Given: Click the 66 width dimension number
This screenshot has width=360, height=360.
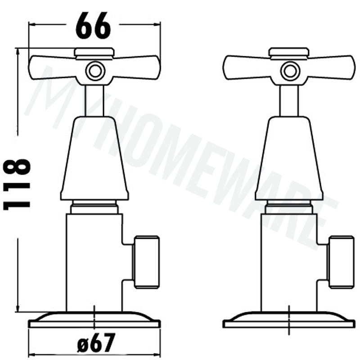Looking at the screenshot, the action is (93, 26).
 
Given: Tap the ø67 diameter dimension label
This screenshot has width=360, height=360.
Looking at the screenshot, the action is (95, 343).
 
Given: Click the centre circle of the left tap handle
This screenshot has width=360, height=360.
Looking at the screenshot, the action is (95, 71).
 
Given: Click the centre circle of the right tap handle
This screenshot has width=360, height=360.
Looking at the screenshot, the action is (290, 71).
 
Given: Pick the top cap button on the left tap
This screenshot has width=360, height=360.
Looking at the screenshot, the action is (94, 52).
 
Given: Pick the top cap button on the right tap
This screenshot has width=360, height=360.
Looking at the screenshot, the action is (289, 52).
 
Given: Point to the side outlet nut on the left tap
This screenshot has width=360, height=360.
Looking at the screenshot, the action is (147, 262).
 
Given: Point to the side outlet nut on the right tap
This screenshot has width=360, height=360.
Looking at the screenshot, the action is (341, 262).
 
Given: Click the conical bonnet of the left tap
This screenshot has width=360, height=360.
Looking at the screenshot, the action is (94, 158).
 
